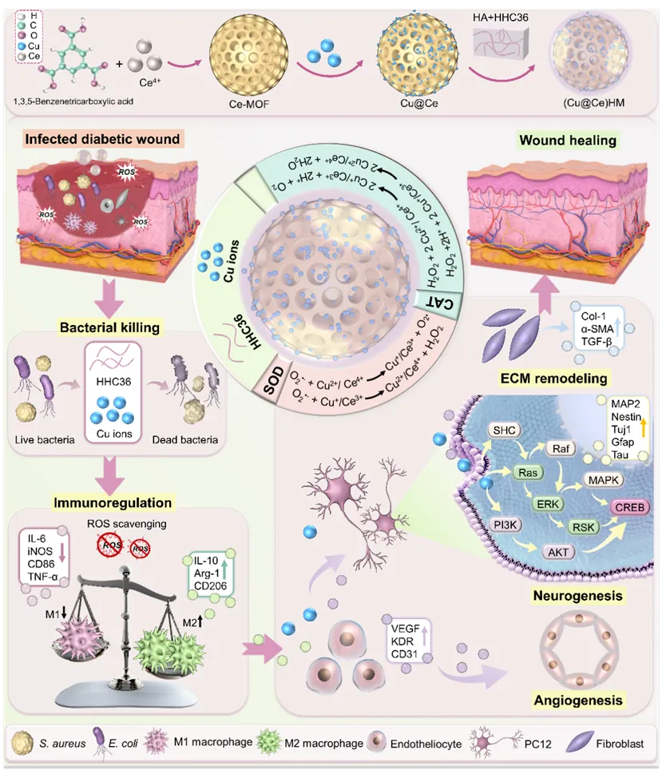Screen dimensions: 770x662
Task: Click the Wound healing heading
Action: click(568, 141)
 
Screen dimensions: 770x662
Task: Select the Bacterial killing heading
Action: click(109, 327)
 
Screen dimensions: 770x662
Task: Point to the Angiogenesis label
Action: click(577, 701)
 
